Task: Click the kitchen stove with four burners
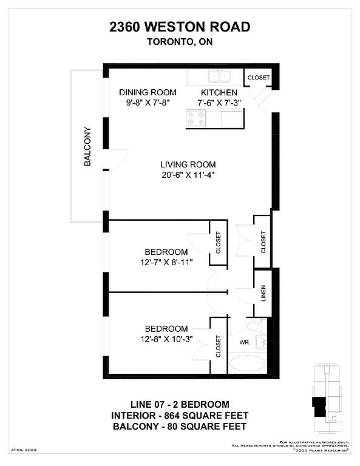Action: point(196,118)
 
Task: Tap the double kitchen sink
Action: point(219,76)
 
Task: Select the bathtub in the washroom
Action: point(247,363)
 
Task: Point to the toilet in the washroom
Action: point(255,326)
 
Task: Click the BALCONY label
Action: point(87,146)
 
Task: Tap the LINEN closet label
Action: point(263,293)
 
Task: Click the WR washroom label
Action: point(244,342)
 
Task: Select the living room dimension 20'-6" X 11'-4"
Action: point(188,175)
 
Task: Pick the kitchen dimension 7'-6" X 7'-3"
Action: point(219,103)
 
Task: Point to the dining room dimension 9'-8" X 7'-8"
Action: point(148,103)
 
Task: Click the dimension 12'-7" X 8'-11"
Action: point(166,262)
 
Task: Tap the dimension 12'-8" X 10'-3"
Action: point(166,339)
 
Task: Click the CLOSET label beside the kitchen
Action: point(259,78)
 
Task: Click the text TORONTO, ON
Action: point(180,42)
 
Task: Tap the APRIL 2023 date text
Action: point(24,450)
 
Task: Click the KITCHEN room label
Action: point(219,92)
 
